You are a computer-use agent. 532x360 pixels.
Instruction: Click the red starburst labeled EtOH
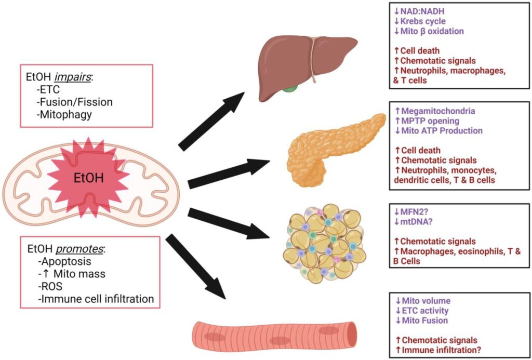88,178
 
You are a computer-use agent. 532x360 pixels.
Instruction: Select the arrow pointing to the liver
210,121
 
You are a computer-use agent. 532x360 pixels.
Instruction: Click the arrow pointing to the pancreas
229,174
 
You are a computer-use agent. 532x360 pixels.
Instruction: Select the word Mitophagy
65,115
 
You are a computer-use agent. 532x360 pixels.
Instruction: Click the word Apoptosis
68,261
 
